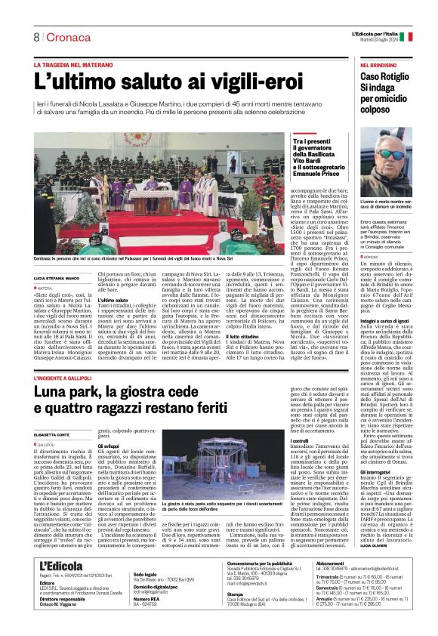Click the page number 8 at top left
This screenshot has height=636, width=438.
coord(35,37)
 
